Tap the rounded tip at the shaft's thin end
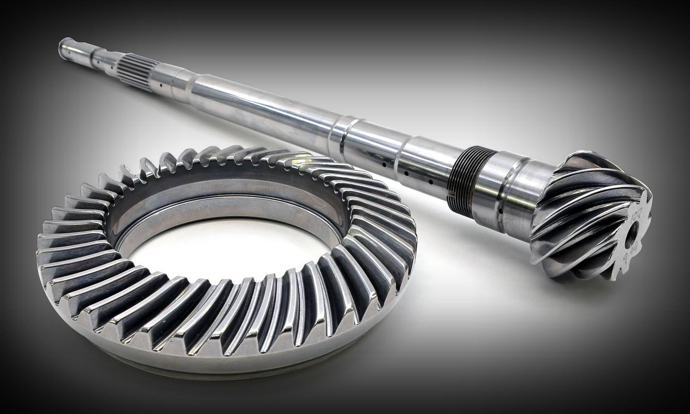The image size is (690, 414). (62, 46)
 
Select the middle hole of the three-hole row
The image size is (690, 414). (407, 173)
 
